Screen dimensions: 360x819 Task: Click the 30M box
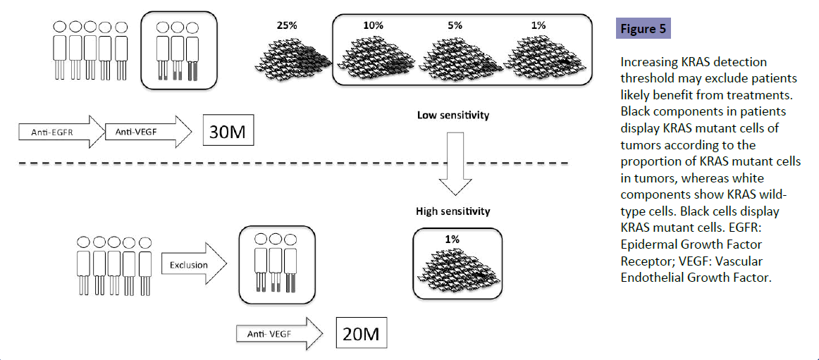pyautogui.click(x=228, y=131)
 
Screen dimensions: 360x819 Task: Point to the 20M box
pyautogui.click(x=362, y=333)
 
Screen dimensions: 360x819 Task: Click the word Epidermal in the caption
pyautogui.click(x=648, y=244)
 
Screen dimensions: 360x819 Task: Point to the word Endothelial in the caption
pyautogui.click(x=652, y=277)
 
